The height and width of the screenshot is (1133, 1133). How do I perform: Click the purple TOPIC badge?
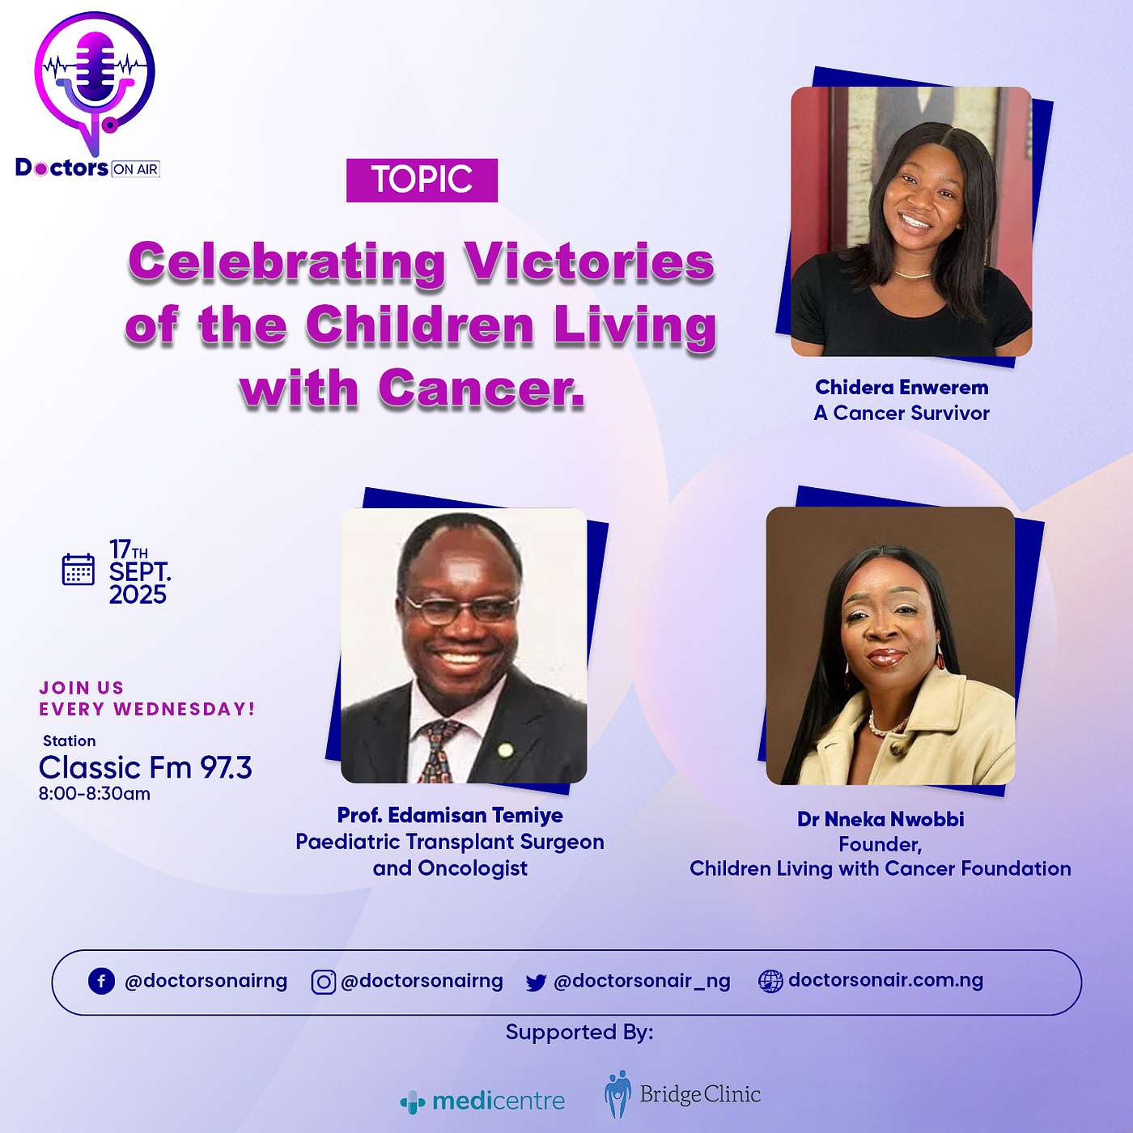pyautogui.click(x=422, y=180)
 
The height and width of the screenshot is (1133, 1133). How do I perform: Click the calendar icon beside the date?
pyautogui.click(x=79, y=569)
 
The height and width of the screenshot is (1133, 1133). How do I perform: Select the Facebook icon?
pyautogui.click(x=101, y=982)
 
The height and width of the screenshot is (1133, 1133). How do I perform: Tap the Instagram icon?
pyautogui.click(x=323, y=982)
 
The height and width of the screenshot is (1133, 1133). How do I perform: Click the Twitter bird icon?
pyautogui.click(x=536, y=982)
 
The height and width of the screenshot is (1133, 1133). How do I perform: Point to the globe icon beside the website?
pyautogui.click(x=770, y=982)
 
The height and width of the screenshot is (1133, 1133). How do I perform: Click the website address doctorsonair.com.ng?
pyautogui.click(x=885, y=980)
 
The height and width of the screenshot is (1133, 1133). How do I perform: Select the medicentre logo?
pyautogui.click(x=483, y=1101)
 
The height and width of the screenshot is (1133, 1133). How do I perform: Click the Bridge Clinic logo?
pyautogui.click(x=682, y=1094)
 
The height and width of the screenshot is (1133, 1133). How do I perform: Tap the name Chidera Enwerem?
pyautogui.click(x=902, y=388)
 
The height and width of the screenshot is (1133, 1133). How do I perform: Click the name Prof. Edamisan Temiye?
pyautogui.click(x=450, y=815)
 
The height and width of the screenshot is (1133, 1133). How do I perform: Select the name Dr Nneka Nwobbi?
pyautogui.click(x=881, y=819)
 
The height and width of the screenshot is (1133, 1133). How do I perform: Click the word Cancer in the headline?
pyautogui.click(x=481, y=389)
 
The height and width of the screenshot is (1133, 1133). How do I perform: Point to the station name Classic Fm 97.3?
pyautogui.click(x=146, y=767)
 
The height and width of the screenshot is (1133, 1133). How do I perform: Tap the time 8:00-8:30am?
pyautogui.click(x=95, y=794)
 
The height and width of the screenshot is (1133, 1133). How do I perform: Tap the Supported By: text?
pyautogui.click(x=579, y=1032)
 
